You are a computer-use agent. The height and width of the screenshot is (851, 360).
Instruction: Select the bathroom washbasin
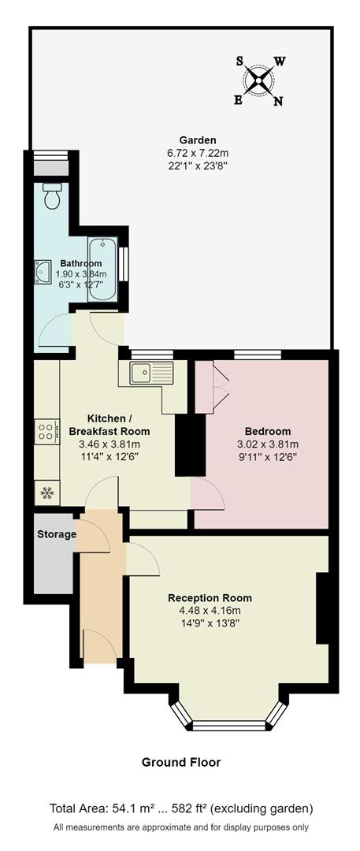coord(43,272)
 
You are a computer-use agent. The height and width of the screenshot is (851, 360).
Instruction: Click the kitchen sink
coord(144,373)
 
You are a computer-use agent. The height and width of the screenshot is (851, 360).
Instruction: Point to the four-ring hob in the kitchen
coord(46,431)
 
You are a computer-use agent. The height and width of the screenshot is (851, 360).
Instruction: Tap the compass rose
coord(259,79)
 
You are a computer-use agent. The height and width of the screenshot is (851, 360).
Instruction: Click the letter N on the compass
coord(277,101)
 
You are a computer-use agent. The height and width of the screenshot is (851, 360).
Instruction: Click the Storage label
coord(57,534)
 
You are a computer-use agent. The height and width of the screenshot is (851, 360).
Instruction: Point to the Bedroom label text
coord(267,431)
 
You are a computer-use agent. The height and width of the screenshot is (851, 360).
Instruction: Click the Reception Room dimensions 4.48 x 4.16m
coord(204,610)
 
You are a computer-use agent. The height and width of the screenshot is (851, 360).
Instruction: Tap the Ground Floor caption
coord(180,762)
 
